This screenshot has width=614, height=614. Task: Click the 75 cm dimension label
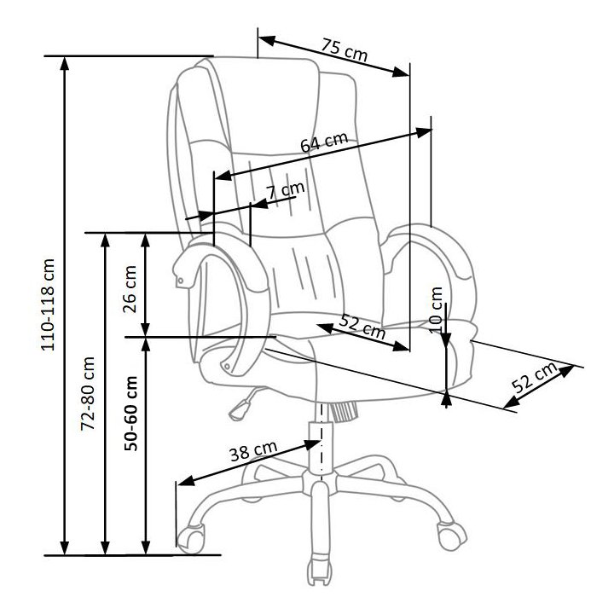(345, 50)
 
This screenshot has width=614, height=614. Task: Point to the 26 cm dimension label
(130, 291)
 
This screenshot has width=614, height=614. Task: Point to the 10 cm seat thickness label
(437, 308)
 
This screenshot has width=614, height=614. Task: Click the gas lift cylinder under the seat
(320, 443)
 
